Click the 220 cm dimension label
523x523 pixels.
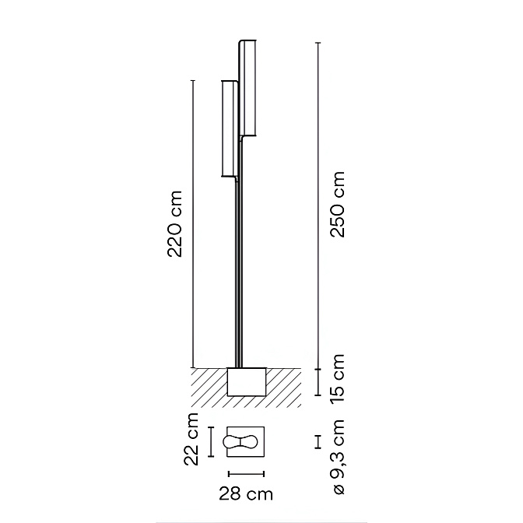(x=177, y=223)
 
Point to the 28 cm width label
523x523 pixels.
(x=246, y=493)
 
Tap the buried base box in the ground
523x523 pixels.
(x=247, y=382)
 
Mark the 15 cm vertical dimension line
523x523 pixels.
(x=318, y=382)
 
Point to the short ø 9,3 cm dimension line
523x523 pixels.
(x=318, y=442)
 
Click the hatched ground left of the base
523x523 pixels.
(x=207, y=386)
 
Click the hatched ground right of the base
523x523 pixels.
(x=283, y=386)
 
